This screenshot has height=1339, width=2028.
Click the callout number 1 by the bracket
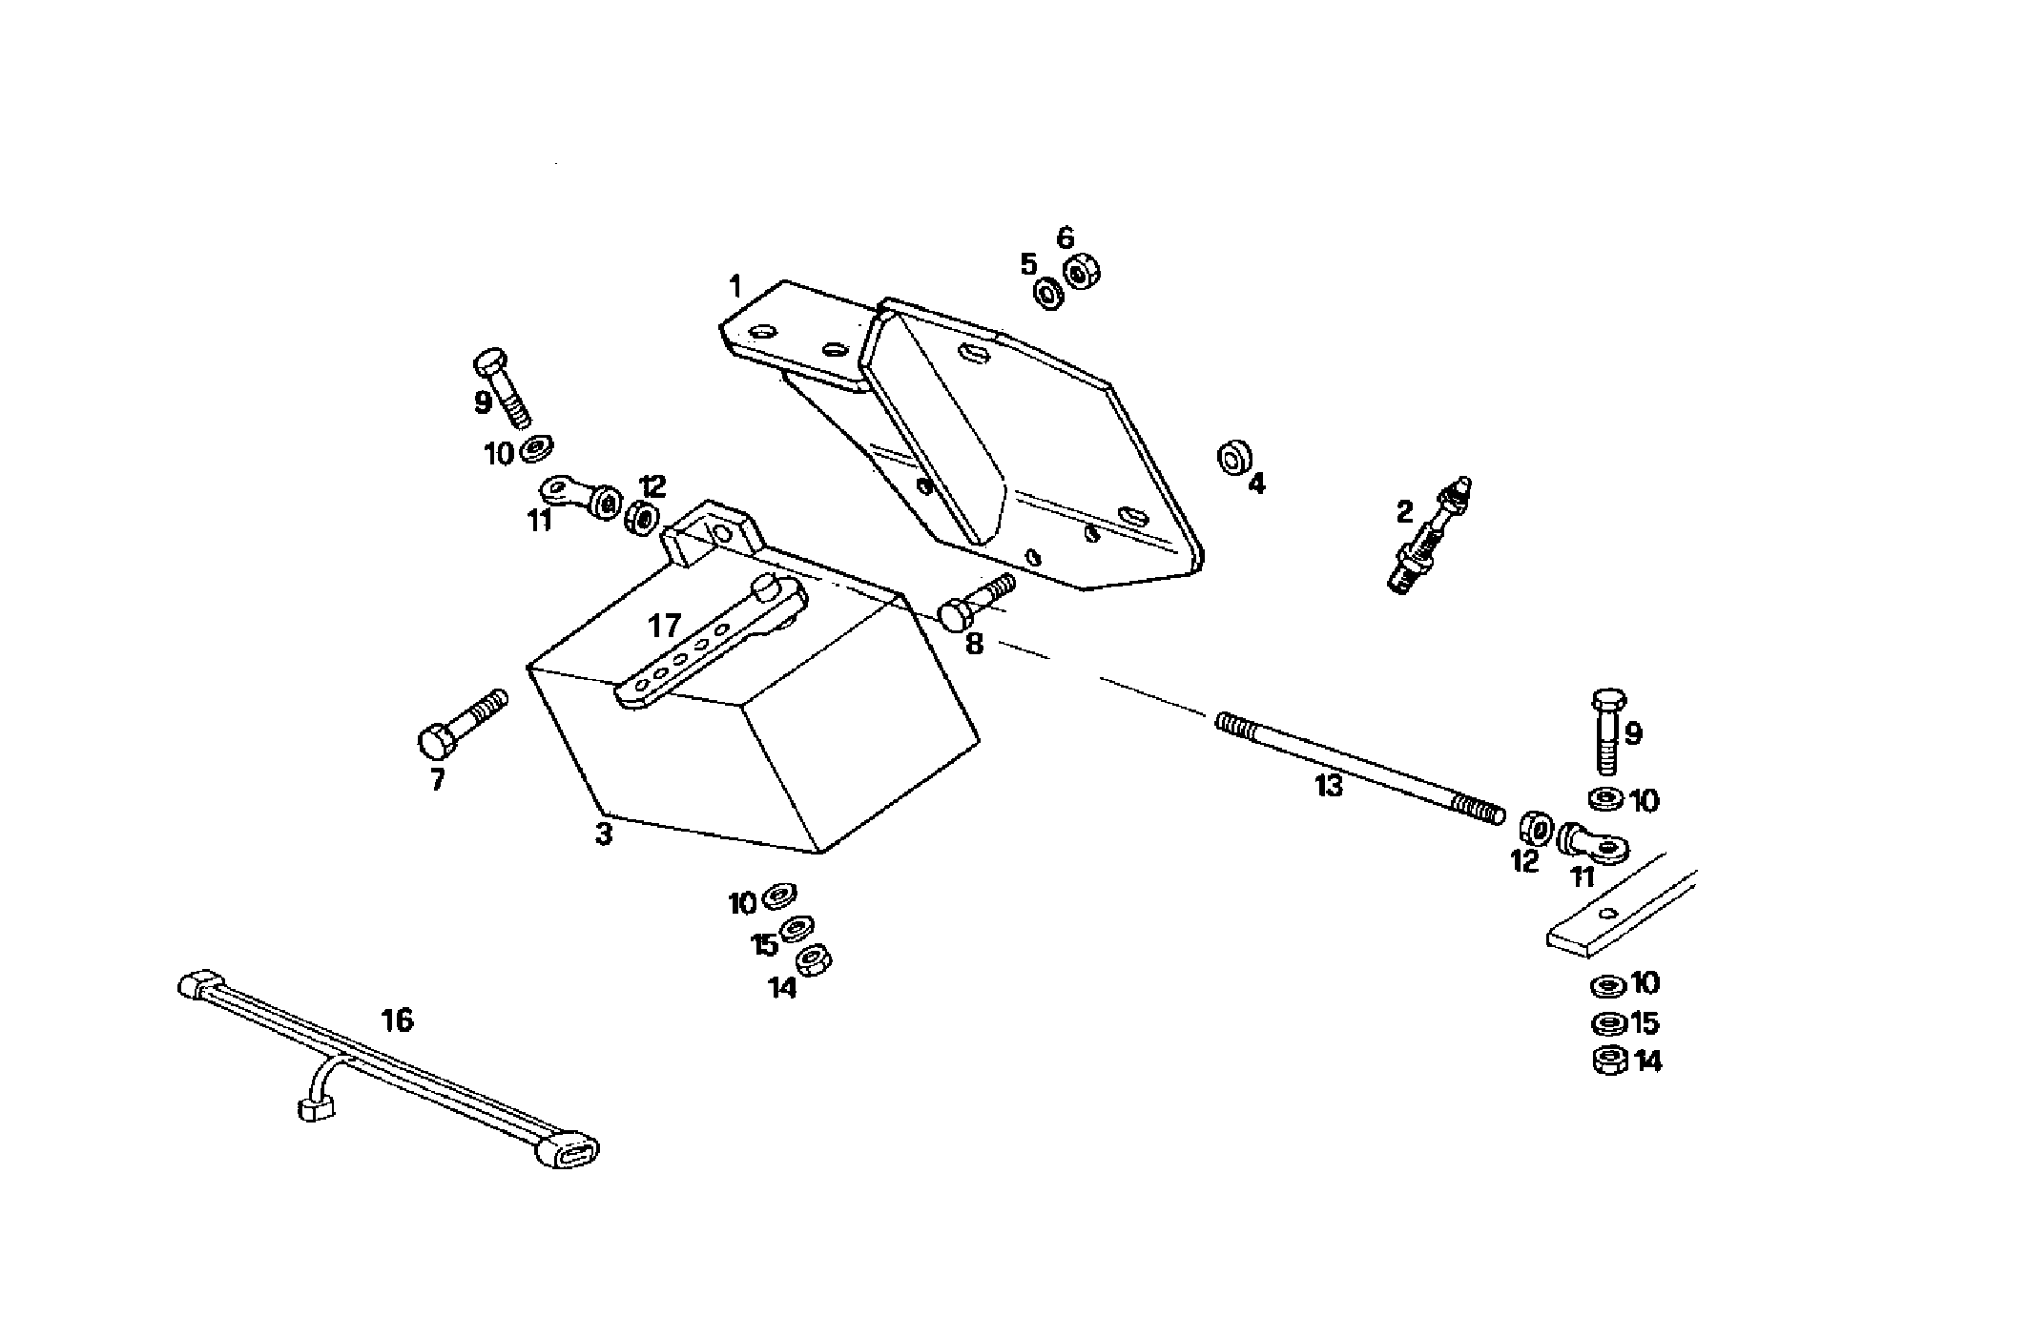(x=735, y=285)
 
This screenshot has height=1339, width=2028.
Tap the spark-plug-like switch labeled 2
(x=1427, y=540)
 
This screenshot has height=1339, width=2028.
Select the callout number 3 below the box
(x=603, y=834)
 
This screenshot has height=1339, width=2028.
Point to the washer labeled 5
(x=1049, y=294)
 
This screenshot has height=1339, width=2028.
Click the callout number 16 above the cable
(x=397, y=1020)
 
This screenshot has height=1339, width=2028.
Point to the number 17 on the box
(x=664, y=627)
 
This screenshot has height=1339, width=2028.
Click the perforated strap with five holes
(x=706, y=649)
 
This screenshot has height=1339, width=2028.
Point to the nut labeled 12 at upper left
(x=642, y=518)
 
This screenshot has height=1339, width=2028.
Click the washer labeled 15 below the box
(x=797, y=928)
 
